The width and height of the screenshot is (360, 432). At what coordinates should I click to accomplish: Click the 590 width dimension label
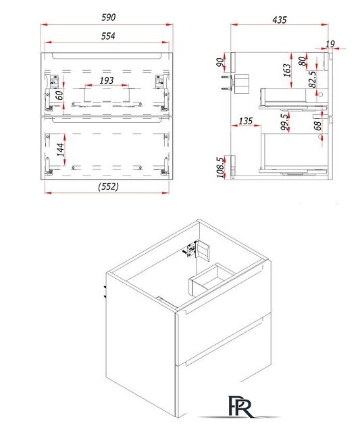108,18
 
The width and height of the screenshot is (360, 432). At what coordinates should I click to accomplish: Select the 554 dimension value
108,36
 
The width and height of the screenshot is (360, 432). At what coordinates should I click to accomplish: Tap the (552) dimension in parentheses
108,186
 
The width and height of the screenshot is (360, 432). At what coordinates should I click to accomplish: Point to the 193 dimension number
107,80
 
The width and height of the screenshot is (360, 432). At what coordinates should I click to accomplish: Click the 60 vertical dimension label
59,95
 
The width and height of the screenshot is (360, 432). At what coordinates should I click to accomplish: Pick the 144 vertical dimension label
60,149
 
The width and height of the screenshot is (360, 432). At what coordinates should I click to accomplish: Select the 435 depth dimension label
279,20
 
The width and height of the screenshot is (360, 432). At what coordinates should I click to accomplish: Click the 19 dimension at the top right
330,44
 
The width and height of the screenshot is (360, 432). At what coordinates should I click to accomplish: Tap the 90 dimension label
220,62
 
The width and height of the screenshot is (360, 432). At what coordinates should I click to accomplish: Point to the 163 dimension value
287,70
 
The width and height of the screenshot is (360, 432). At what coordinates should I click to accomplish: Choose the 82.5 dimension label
312,80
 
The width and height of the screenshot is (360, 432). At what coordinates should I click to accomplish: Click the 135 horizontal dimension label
245,121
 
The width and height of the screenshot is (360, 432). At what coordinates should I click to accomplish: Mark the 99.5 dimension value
284,122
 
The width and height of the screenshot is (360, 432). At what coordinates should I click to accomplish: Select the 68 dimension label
317,126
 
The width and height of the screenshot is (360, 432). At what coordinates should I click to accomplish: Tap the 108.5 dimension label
220,167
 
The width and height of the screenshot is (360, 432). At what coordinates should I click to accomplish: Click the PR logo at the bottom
240,406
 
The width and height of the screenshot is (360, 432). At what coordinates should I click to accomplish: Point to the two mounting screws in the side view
226,82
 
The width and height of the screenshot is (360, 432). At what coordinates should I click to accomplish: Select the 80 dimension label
303,61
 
